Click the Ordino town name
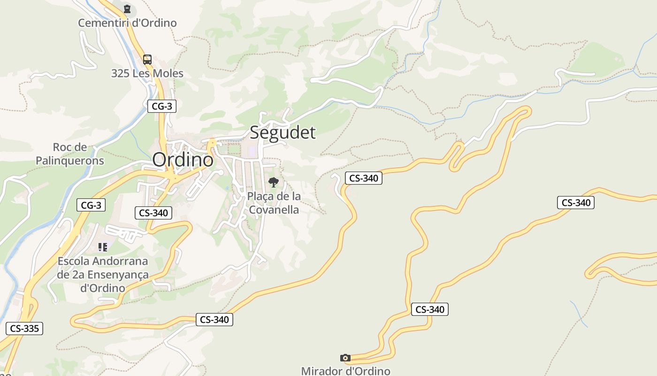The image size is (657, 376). (183, 160)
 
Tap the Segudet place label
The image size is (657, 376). (283, 133)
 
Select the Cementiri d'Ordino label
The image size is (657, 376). (127, 23)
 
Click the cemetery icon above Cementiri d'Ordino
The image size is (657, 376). (127, 9)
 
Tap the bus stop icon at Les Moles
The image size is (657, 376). (147, 60)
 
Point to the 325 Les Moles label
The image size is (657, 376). (147, 73)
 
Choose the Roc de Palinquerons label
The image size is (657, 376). (70, 154)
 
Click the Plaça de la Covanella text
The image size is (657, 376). (274, 203)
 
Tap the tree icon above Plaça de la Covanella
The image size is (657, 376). (273, 182)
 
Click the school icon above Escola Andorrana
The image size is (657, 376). (103, 247)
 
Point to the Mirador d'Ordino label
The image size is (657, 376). (345, 371)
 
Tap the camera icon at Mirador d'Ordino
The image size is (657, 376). (345, 358)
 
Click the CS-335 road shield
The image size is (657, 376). (24, 328)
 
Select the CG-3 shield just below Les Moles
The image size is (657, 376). (162, 106)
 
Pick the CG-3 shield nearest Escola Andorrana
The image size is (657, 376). (91, 205)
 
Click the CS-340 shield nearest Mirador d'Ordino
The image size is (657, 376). (430, 309)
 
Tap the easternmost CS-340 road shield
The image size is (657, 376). (576, 203)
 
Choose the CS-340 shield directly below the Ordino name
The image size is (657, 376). (153, 213)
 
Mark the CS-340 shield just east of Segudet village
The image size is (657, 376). (364, 178)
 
